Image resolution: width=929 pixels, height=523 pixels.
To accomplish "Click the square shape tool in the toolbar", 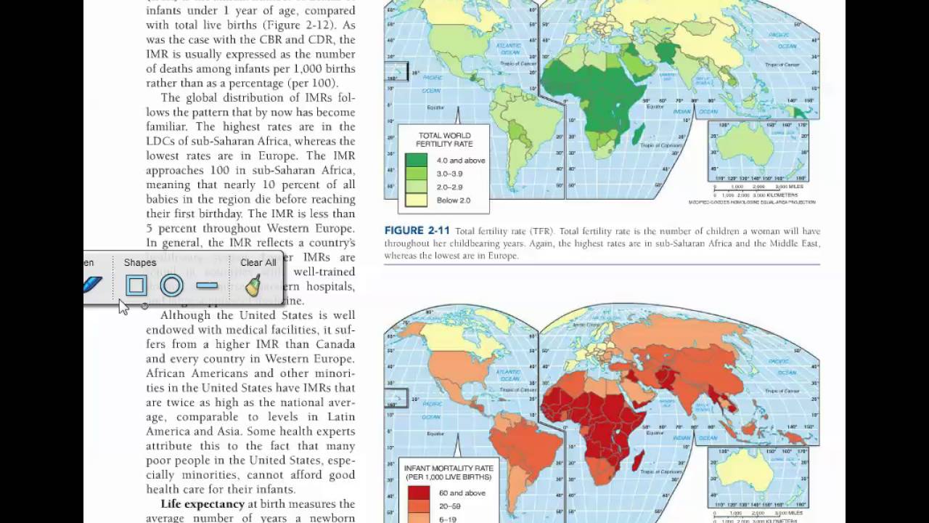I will (136, 285).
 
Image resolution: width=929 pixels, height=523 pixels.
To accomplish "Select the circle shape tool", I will (171, 285).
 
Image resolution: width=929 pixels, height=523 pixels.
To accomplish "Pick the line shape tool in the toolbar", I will (207, 285).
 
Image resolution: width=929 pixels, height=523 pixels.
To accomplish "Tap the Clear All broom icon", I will (253, 286).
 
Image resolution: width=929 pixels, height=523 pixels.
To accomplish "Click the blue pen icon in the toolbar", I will (92, 285).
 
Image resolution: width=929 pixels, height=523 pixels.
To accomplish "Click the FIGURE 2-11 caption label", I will (417, 231).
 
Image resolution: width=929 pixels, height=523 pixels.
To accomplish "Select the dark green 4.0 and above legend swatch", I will (417, 160).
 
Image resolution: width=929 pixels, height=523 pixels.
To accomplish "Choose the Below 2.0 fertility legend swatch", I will (417, 200).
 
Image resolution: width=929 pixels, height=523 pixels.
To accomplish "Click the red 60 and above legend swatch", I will (419, 492).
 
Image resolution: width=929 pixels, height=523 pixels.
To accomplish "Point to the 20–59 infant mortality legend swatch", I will (419, 506).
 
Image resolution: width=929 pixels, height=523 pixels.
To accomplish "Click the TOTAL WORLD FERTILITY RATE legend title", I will (443, 139).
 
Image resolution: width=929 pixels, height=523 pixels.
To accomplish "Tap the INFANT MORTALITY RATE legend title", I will (448, 472).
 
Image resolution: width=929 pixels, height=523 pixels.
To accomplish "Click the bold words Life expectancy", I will (202, 504).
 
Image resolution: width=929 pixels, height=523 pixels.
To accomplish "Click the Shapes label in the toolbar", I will (140, 262).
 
